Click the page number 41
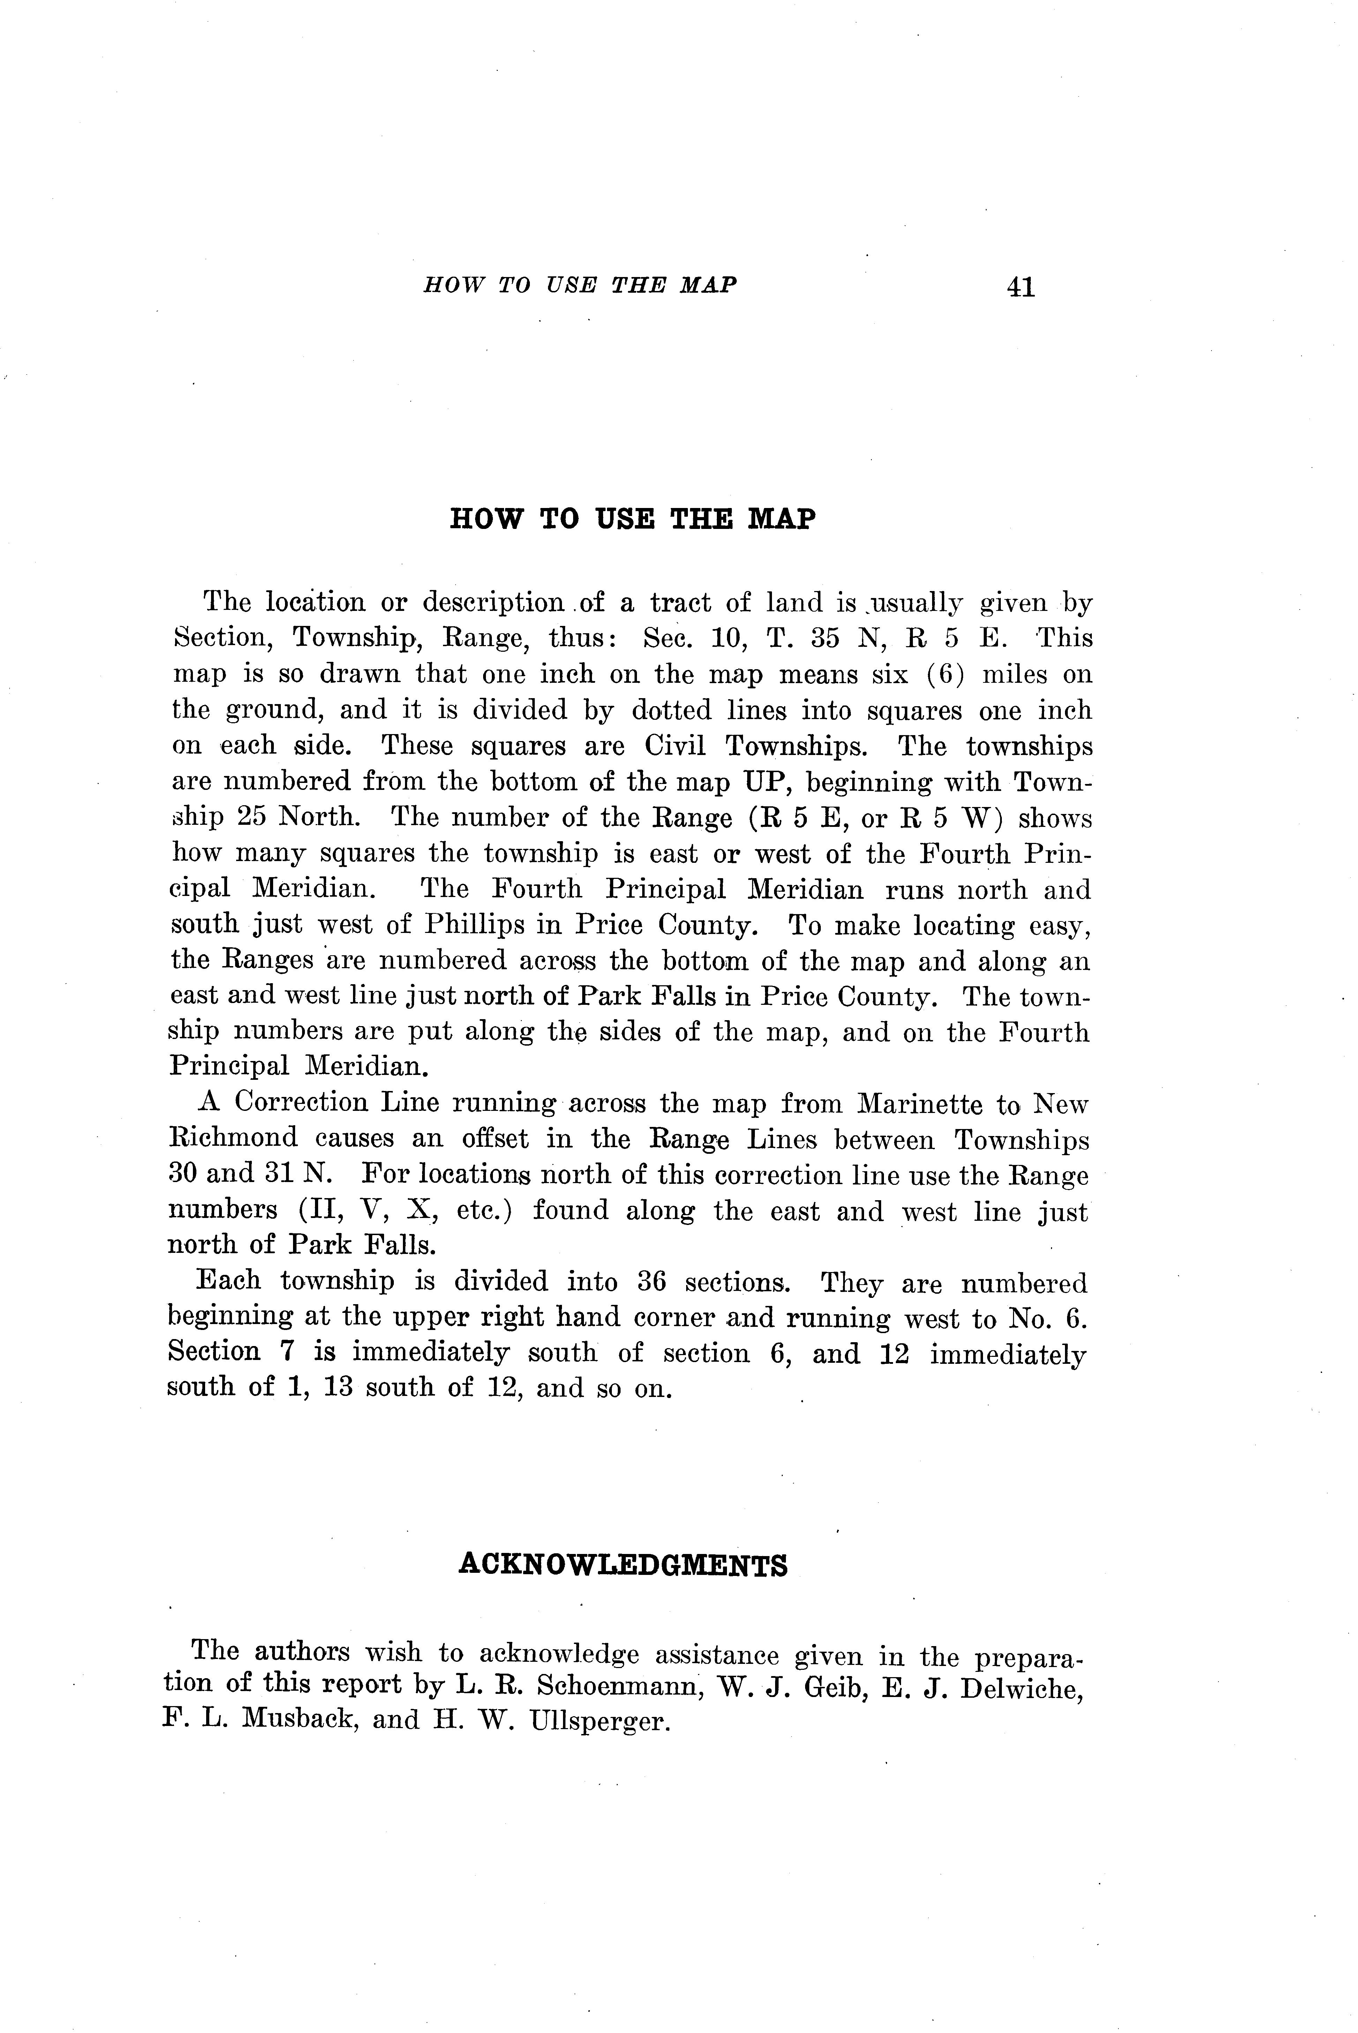click(1021, 287)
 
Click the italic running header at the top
click(579, 285)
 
